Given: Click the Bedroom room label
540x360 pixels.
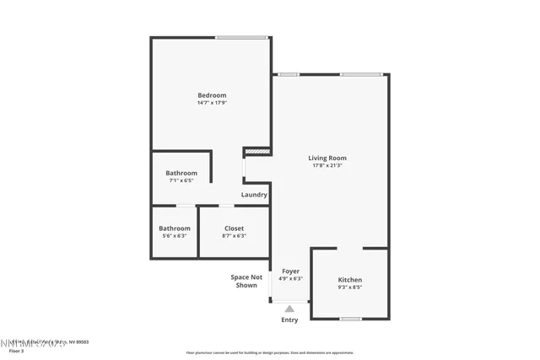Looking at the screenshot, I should coord(212,95).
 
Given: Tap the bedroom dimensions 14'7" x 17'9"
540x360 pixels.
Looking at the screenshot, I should coord(212,104).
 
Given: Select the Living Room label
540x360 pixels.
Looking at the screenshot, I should coord(327,158).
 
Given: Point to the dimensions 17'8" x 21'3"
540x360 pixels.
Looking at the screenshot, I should coord(327,166).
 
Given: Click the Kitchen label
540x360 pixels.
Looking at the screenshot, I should coord(350,279).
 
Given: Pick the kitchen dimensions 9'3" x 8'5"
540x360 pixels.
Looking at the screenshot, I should coord(350,287).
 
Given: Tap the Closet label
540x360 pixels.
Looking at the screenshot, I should coord(234,228).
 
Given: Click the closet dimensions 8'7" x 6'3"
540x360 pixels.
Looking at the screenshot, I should coord(234,236).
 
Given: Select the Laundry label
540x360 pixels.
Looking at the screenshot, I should coord(254,195).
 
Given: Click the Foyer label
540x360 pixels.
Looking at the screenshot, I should coord(290,271).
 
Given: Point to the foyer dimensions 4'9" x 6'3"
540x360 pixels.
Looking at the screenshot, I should coord(290,279).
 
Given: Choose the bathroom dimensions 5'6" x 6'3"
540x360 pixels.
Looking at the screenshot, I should coord(175,236).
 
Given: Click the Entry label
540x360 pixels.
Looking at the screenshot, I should coord(289,320).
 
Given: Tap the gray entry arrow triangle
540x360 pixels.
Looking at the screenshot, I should coord(289,308).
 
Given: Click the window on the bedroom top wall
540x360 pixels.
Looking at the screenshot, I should coord(242,37).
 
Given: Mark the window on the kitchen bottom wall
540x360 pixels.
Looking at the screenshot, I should coord(350,319).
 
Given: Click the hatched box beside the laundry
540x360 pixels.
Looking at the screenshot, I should coord(256,152).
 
